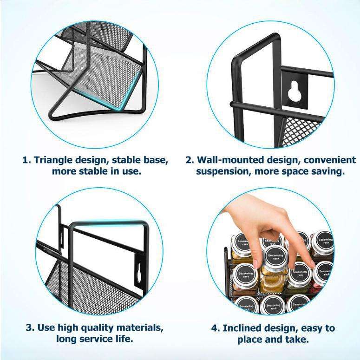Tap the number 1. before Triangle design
pyautogui.click(x=27, y=160)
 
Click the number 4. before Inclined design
pyautogui.click(x=216, y=328)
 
